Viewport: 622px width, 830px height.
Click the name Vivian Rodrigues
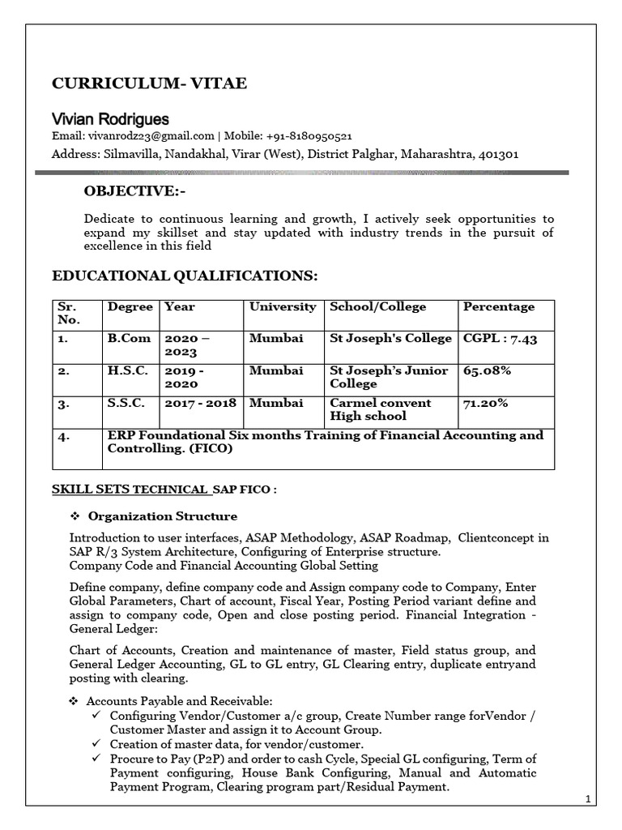[110, 119]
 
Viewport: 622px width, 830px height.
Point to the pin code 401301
[500, 153]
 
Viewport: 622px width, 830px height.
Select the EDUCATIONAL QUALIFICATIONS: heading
[185, 276]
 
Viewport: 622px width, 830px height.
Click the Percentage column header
[498, 307]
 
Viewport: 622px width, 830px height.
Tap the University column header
[283, 307]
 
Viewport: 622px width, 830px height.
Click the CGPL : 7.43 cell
[500, 339]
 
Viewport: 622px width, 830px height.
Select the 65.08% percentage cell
[486, 370]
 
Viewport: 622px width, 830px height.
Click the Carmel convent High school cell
[381, 409]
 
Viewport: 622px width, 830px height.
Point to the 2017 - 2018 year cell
[202, 403]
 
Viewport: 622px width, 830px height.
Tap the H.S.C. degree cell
[127, 370]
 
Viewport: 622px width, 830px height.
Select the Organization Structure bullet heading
[162, 516]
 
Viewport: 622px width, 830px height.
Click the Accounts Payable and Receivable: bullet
[180, 700]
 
